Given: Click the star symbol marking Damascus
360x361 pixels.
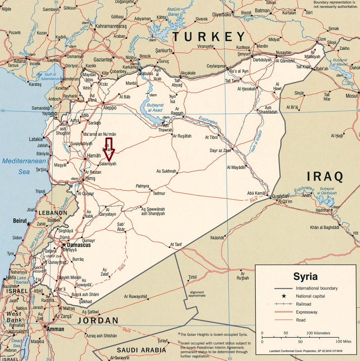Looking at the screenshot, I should tap(64, 245).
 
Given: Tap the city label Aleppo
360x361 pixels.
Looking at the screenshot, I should tap(110, 108).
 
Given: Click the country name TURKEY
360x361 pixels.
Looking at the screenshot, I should tap(209, 36).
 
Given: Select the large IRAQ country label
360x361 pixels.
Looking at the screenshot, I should tap(325, 177).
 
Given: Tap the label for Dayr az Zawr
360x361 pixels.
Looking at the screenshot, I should tap(220, 150).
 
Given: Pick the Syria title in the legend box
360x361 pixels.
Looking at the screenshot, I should tap(305, 276).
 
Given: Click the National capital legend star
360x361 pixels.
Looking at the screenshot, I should tap(284, 296).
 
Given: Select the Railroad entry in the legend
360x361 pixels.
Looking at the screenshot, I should tap(304, 304).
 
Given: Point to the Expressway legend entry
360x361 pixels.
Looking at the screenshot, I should tap(307, 312).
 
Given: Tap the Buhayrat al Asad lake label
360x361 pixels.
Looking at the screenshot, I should tap(154, 108).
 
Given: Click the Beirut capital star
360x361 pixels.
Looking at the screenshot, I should tap(28, 224).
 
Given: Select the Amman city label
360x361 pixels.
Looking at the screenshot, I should tap(56, 329).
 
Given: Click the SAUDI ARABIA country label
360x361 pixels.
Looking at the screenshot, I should tap(142, 350).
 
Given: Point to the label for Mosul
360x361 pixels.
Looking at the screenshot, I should tap(352, 96).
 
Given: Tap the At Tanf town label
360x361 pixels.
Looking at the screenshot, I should tap(176, 244).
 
